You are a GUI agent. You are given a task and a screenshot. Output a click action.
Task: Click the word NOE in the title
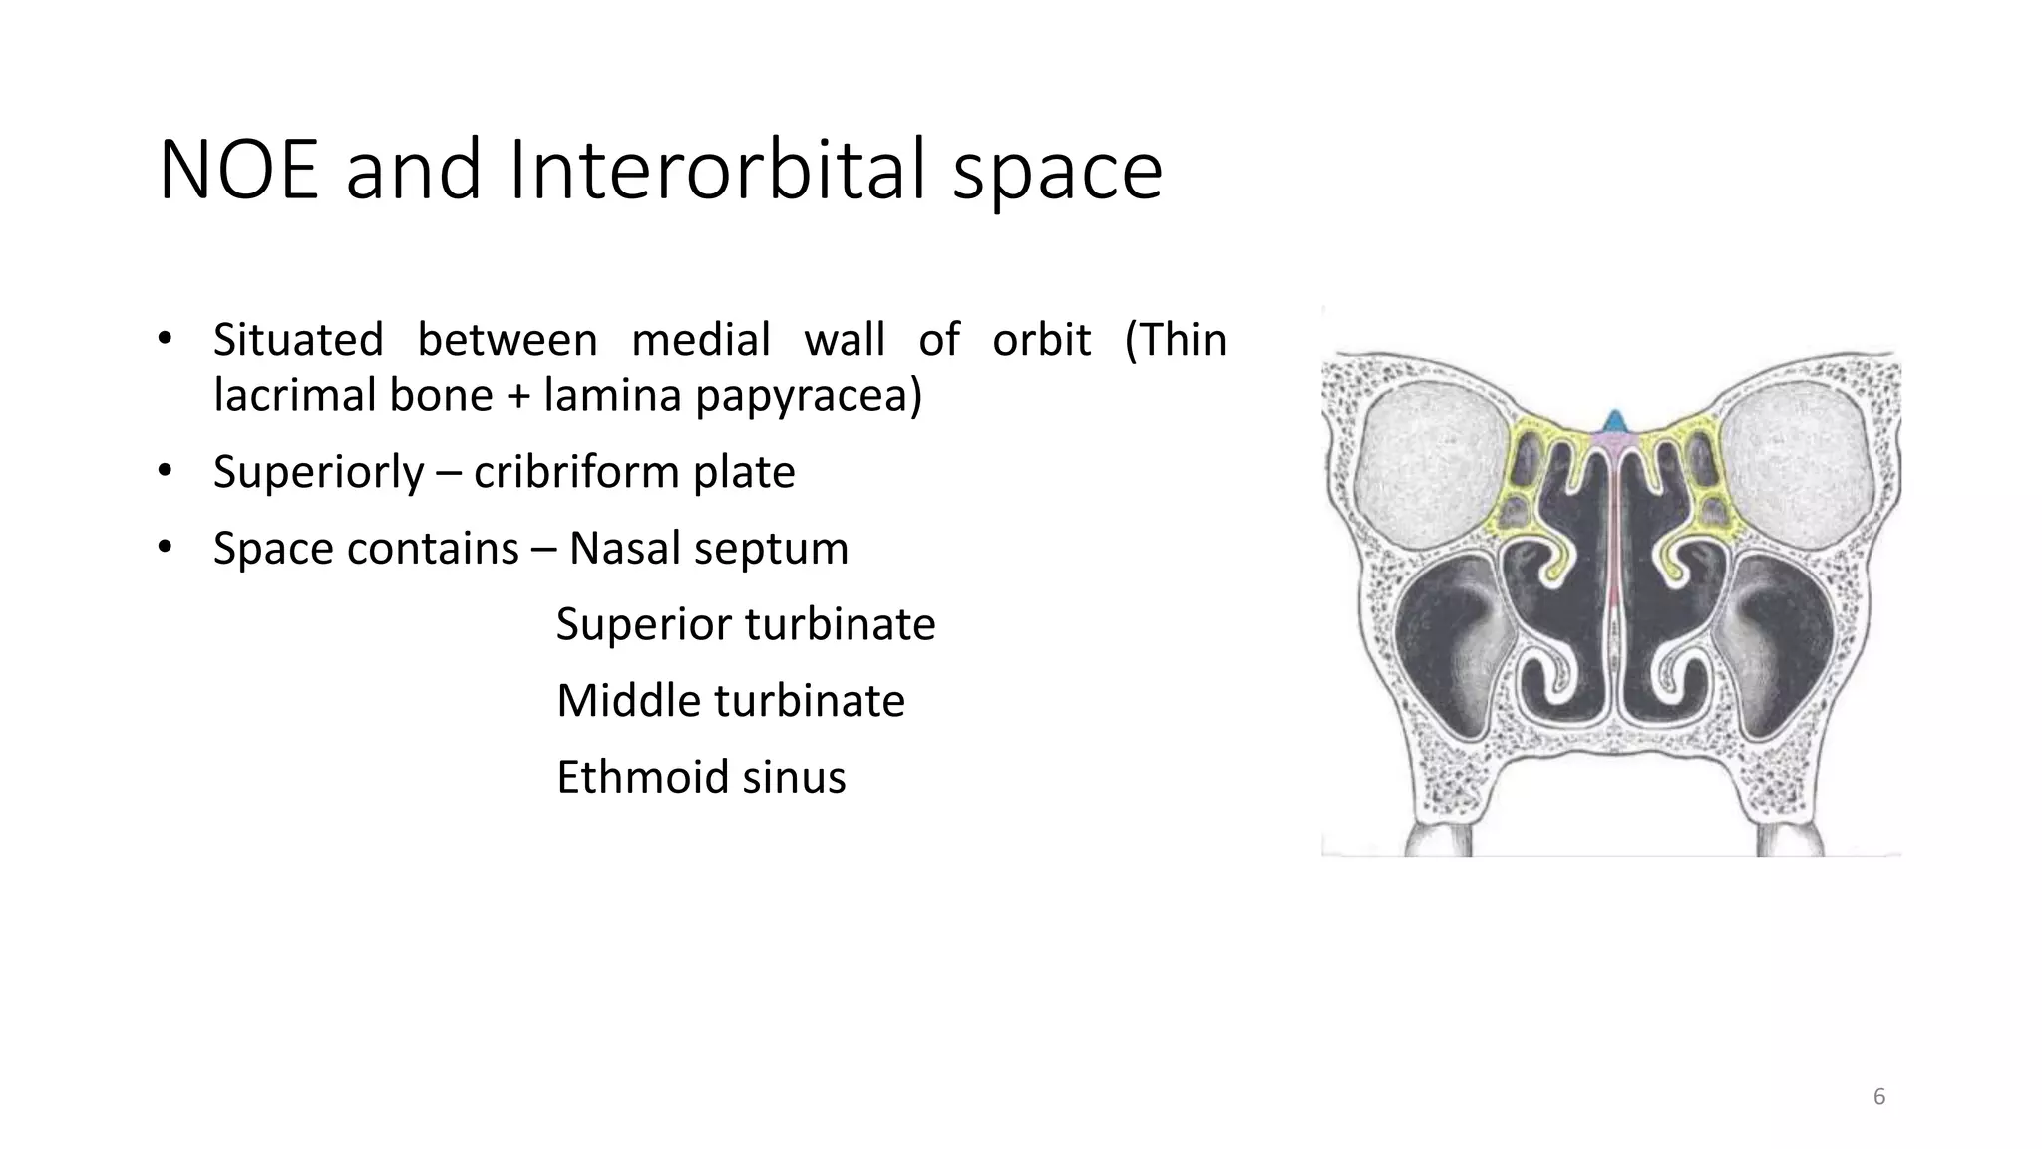click(238, 171)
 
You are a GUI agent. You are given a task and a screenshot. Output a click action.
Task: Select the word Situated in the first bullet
click(298, 340)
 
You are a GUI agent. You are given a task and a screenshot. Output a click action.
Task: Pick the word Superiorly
click(319, 472)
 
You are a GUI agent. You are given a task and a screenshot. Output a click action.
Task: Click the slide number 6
click(1879, 1097)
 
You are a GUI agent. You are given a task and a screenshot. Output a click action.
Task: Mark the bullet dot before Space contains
click(166, 547)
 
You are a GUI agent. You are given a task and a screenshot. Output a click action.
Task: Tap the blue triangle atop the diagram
click(1612, 421)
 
